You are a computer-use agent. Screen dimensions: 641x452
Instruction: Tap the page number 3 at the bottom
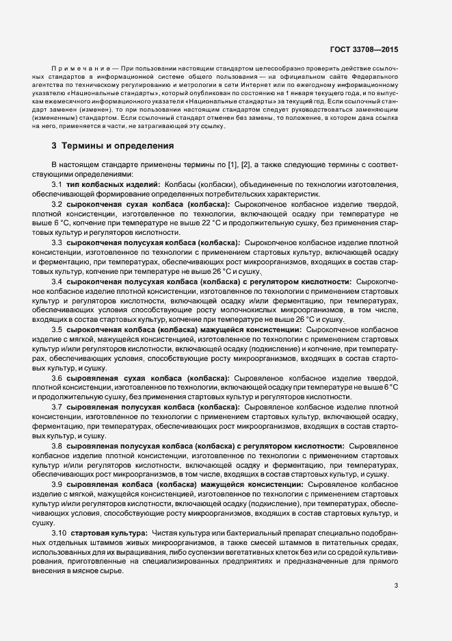click(x=396, y=585)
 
